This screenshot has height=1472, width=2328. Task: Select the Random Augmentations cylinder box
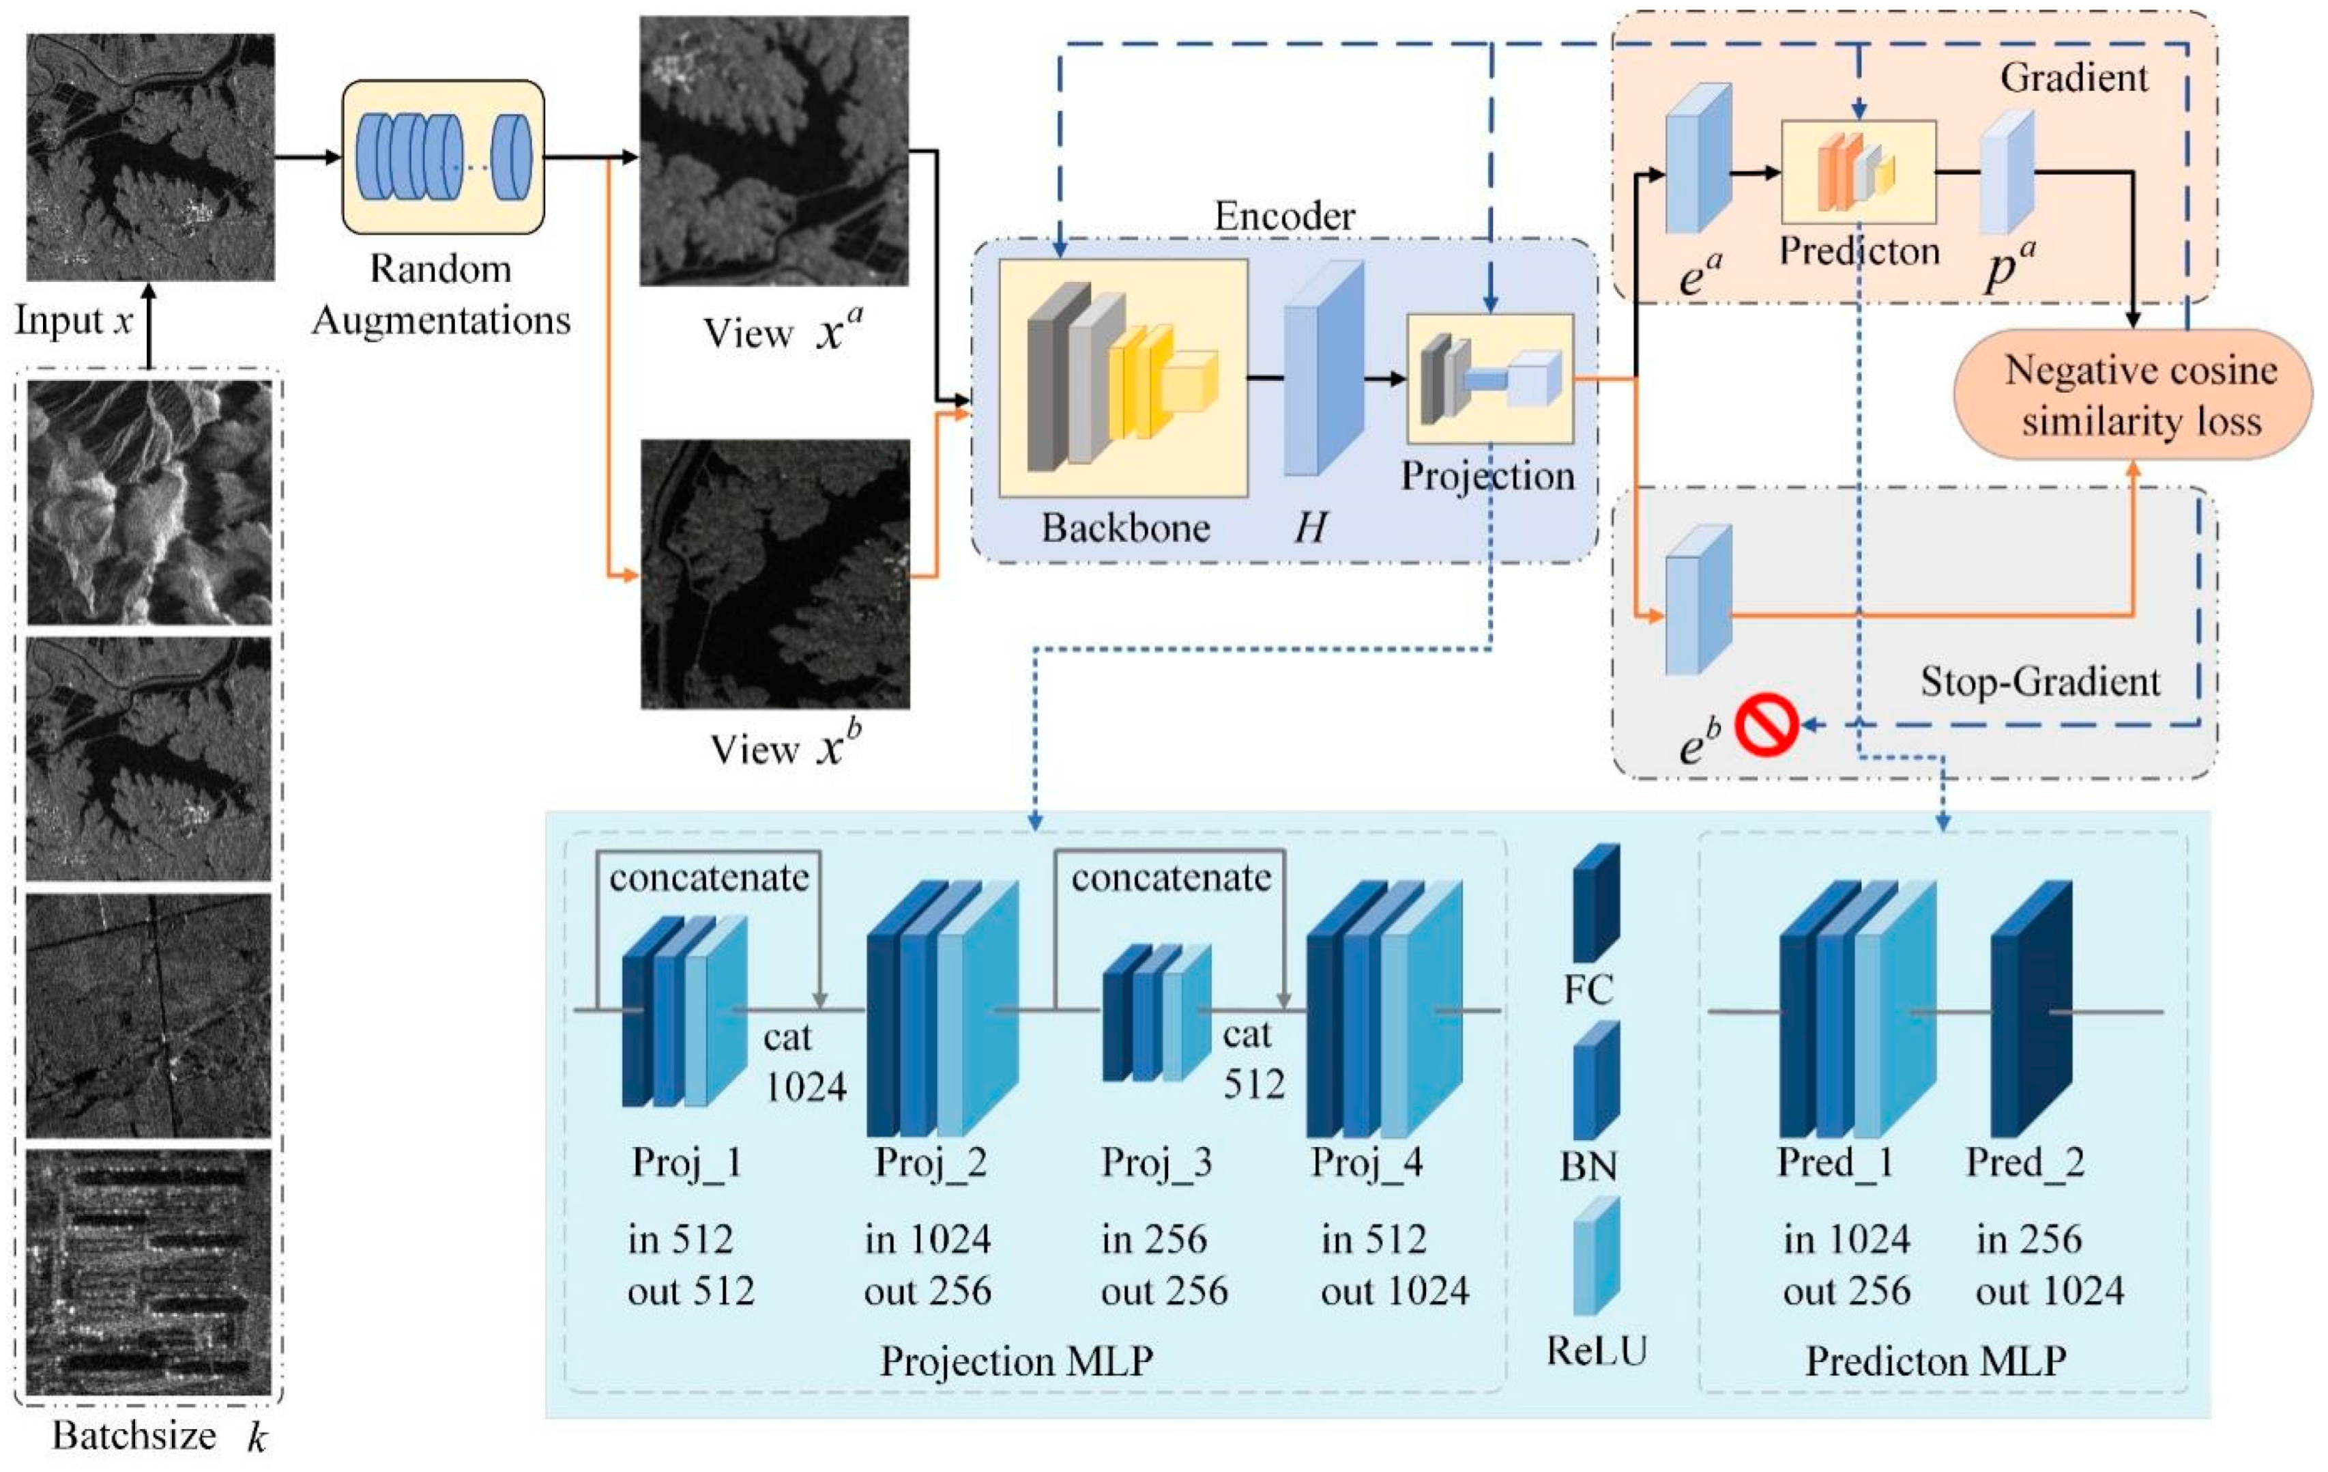click(x=443, y=156)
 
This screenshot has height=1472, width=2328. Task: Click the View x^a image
click(x=774, y=151)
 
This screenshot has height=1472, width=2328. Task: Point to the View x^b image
click(x=774, y=574)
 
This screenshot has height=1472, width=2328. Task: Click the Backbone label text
click(x=1125, y=528)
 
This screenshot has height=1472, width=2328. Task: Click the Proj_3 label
click(x=1156, y=1161)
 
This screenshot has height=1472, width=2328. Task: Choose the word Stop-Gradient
click(x=2040, y=682)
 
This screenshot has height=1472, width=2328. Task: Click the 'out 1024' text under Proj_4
click(x=1394, y=1291)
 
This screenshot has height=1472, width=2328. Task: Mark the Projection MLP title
click(x=1016, y=1361)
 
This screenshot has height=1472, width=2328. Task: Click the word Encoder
click(x=1284, y=216)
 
